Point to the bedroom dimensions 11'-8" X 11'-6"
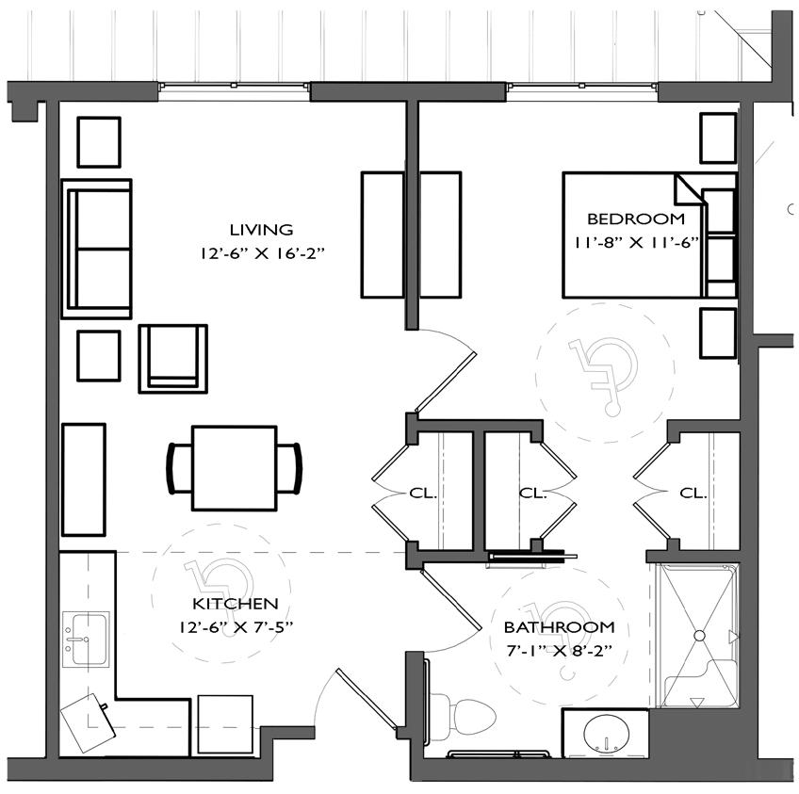633,242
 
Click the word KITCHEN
236,604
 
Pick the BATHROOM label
559,626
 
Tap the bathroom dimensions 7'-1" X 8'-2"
559,650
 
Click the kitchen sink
86,639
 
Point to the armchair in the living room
173,357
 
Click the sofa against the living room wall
96,249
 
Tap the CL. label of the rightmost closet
693,493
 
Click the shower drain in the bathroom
699,637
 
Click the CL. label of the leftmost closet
422,493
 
